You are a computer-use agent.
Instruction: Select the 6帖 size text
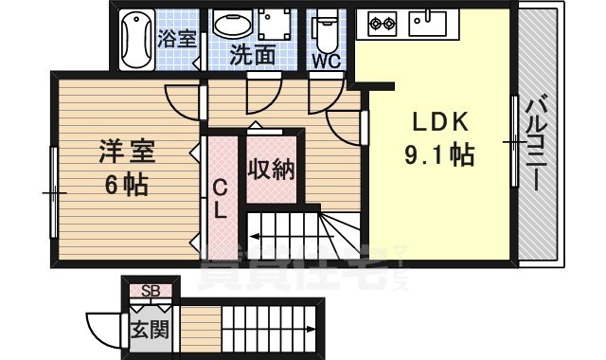coord(125,183)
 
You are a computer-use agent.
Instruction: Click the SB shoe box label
coord(151,290)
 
